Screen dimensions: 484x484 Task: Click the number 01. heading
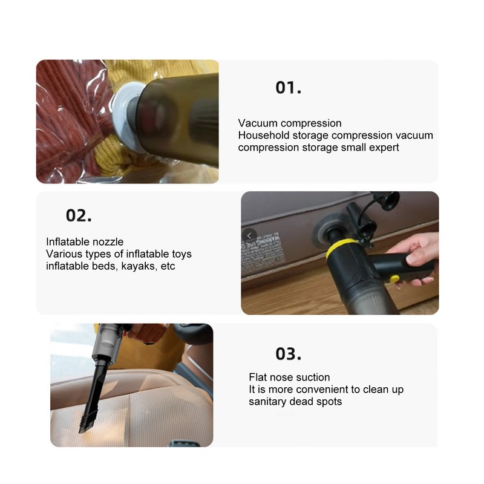pyautogui.click(x=288, y=87)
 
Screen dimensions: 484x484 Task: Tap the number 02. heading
pyautogui.click(x=79, y=215)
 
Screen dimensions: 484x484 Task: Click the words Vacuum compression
pyautogui.click(x=290, y=123)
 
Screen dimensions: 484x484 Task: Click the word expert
pyautogui.click(x=383, y=148)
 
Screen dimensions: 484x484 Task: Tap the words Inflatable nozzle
pyautogui.click(x=85, y=242)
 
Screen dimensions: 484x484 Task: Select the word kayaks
pyautogui.click(x=140, y=266)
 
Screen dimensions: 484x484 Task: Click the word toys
pyautogui.click(x=178, y=254)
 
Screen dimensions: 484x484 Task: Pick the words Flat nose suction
pyautogui.click(x=289, y=378)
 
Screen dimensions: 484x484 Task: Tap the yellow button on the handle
pyautogui.click(x=394, y=279)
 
